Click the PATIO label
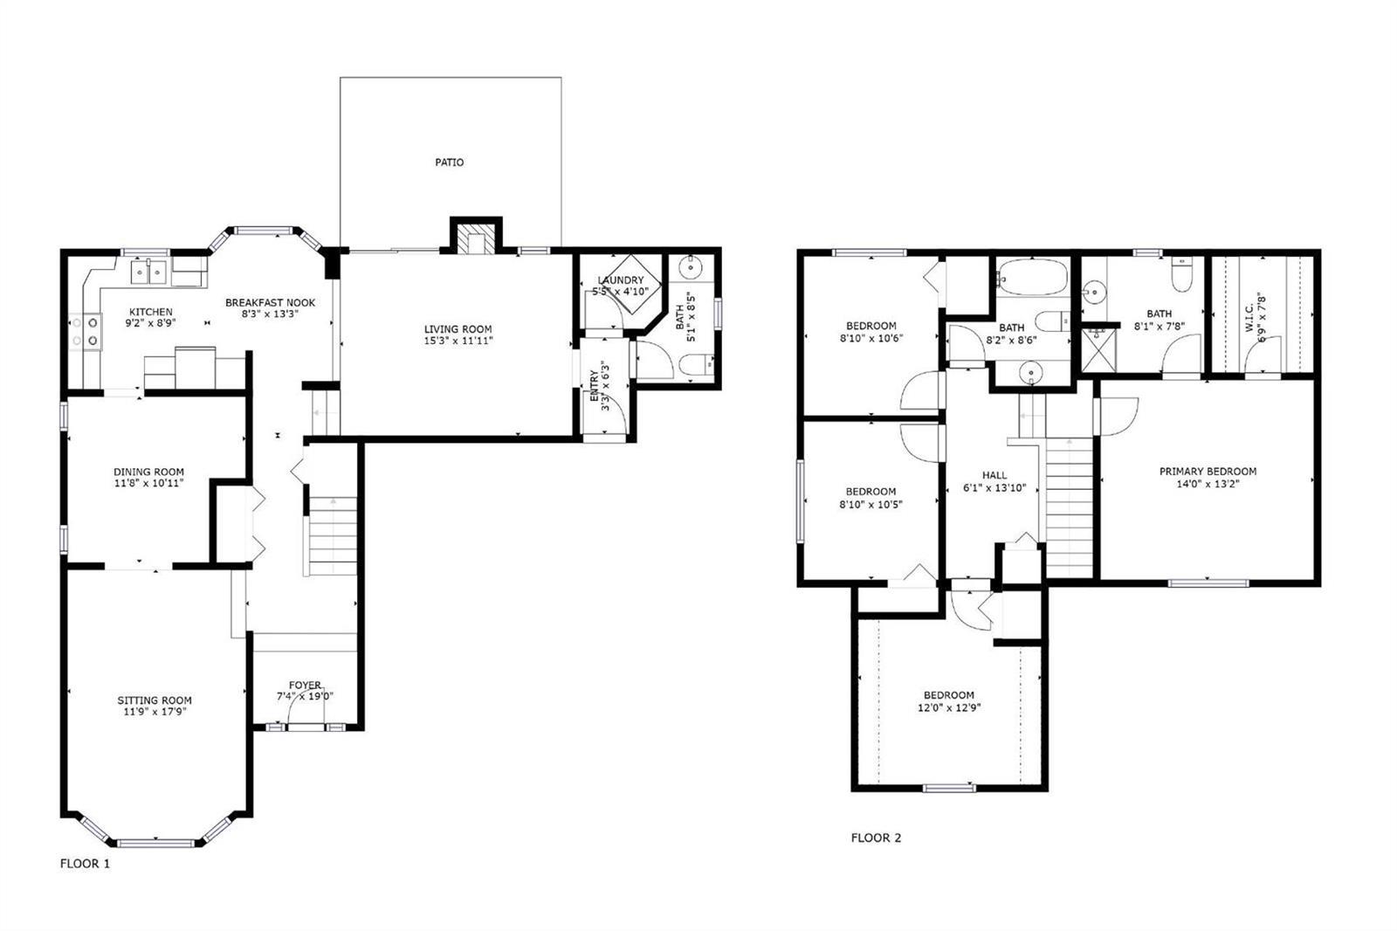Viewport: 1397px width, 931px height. pos(449,162)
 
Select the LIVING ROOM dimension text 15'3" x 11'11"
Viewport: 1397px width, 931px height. pos(458,341)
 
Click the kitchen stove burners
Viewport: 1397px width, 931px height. pos(85,331)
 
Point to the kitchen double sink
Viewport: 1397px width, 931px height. pos(149,272)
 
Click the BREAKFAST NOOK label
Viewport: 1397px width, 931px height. pos(270,303)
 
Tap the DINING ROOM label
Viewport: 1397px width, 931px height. pos(148,472)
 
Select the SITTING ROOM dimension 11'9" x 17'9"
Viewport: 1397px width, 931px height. pos(155,712)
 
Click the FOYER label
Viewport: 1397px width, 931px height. pos(305,685)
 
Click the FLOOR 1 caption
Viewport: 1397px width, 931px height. pos(85,864)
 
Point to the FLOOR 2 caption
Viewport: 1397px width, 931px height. pos(876,838)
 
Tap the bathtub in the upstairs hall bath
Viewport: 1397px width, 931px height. pos(1032,277)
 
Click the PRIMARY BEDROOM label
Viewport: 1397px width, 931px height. pos(1208,472)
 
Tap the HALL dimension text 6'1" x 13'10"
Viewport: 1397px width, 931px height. pos(994,488)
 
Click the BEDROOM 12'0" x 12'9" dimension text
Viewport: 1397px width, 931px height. pos(949,707)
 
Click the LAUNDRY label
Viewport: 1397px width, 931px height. pos(620,280)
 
